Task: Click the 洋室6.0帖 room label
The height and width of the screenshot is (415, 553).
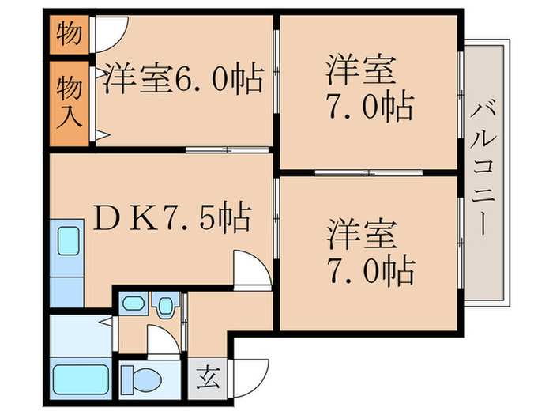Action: pyautogui.click(x=182, y=78)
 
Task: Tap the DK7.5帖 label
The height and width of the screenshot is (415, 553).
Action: pyautogui.click(x=173, y=215)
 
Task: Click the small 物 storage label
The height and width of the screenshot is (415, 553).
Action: pyautogui.click(x=70, y=36)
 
